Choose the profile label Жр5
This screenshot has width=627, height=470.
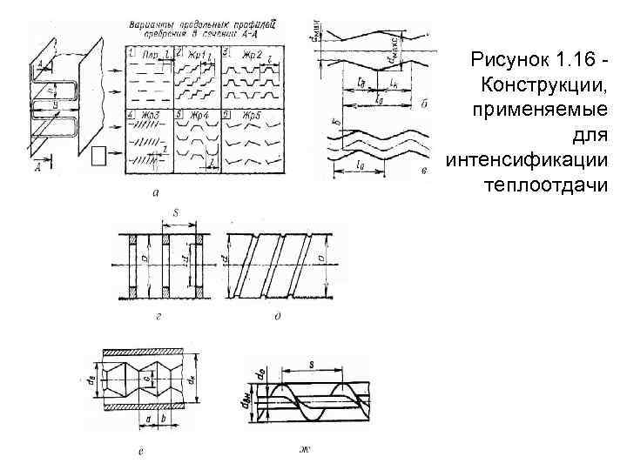(251, 115)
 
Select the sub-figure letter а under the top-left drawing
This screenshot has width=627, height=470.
(155, 193)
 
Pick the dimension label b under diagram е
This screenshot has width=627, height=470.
(165, 419)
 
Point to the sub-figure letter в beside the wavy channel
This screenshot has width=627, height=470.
(424, 172)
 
